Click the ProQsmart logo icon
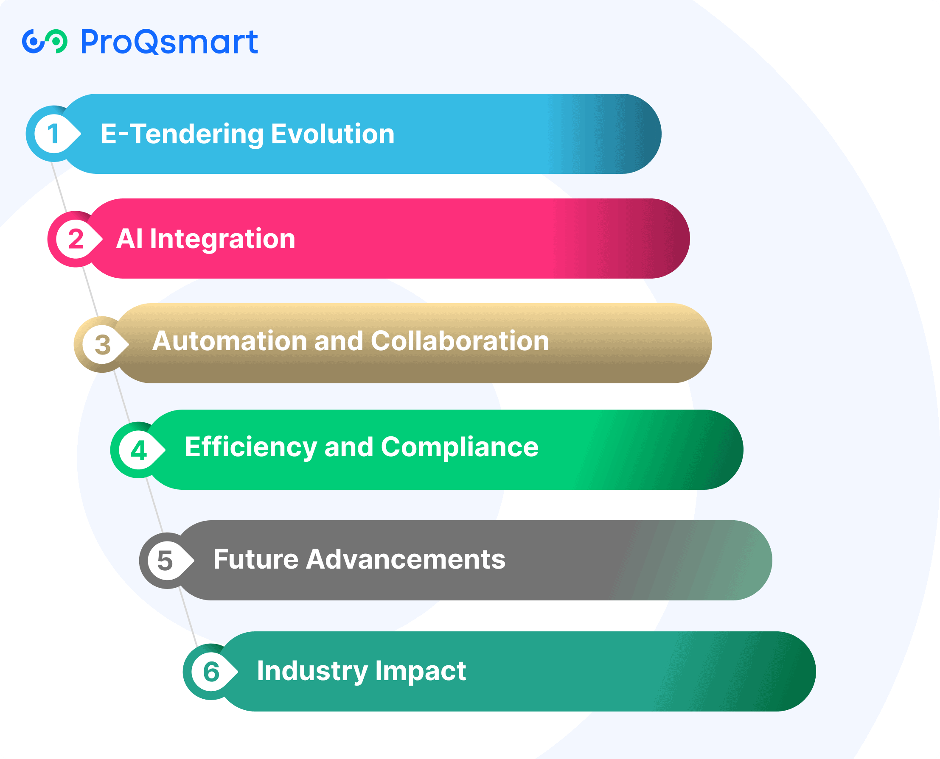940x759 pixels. coord(45,42)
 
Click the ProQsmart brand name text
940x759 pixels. coord(169,42)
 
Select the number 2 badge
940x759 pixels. coord(76,239)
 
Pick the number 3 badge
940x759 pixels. coord(102,345)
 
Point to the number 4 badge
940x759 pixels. coord(138,450)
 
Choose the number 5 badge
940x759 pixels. coord(167,561)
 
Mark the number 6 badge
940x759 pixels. coord(211,672)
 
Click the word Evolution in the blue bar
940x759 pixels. coord(333,134)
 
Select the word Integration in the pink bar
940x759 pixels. coord(223,240)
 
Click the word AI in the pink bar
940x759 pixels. coord(130,239)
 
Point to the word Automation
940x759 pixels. coord(230,341)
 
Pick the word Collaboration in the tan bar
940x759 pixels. coord(460,341)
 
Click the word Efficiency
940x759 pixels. coord(251,448)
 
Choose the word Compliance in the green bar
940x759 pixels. coord(460,448)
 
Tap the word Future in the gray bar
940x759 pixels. coord(256,559)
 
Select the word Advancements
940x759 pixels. coord(406,559)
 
